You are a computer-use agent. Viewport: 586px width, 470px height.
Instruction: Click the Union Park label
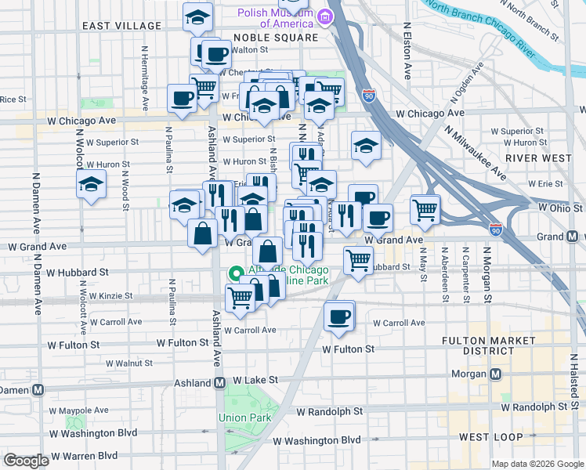244,418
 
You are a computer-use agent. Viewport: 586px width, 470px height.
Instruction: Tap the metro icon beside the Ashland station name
220,382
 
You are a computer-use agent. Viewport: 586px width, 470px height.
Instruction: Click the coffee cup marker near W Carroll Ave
339,316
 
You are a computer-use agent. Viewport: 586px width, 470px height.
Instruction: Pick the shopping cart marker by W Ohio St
425,208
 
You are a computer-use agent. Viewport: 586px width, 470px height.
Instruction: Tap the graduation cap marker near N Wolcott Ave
91,186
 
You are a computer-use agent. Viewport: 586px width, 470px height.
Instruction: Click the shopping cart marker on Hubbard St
358,259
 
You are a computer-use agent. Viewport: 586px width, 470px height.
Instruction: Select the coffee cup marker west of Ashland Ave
182,99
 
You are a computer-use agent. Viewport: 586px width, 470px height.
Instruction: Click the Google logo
27,461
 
